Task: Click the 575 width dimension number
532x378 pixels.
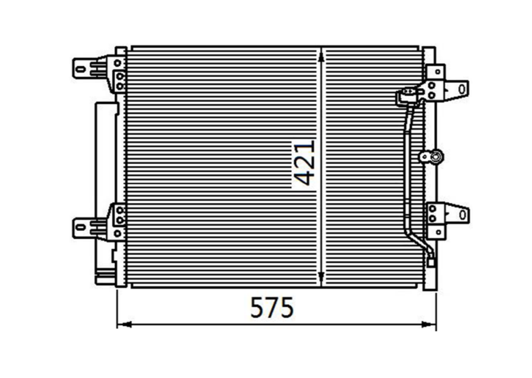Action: click(272, 308)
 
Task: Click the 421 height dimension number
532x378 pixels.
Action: click(304, 162)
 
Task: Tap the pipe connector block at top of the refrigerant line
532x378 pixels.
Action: click(406, 95)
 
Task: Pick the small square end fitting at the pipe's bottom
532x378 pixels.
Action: click(432, 263)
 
